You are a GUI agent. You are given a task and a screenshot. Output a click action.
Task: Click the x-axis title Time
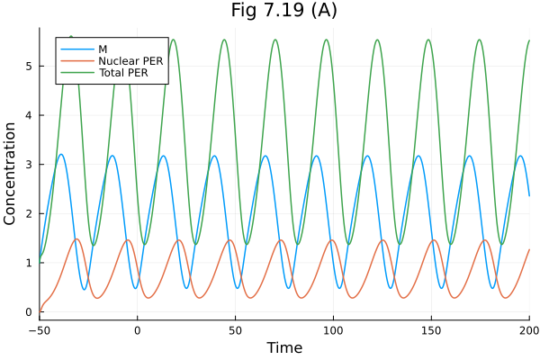tap(284, 347)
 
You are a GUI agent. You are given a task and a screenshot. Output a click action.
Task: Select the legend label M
tap(102, 47)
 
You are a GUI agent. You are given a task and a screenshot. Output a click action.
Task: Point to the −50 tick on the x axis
tap(40, 330)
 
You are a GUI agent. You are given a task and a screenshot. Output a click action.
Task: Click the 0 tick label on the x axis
tap(138, 330)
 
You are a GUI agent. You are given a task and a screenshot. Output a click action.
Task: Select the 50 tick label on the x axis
tap(236, 330)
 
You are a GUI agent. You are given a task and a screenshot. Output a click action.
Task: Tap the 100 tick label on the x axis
tap(333, 330)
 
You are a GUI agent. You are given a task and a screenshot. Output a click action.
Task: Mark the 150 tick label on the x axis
tap(431, 330)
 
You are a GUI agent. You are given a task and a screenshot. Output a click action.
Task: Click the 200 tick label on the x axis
tap(528, 330)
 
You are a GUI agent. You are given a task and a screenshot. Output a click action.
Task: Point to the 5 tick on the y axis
tap(29, 66)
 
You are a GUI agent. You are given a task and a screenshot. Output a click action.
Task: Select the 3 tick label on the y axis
tap(29, 165)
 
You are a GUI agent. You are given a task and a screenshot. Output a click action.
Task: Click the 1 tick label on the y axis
tap(29, 263)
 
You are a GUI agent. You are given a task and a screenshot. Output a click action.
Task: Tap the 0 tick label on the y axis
tap(29, 312)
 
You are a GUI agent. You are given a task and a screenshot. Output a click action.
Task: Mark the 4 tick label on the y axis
tap(29, 115)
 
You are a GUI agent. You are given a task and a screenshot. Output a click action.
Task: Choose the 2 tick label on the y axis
tap(29, 213)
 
